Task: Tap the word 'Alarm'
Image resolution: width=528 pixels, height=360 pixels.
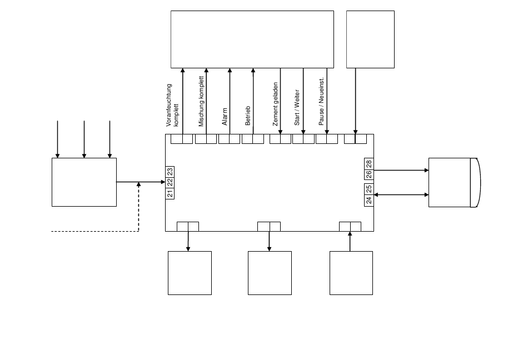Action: (225, 116)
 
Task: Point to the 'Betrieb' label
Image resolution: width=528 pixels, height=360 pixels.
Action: (248, 115)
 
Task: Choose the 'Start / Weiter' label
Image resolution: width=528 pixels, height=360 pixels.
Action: (297, 107)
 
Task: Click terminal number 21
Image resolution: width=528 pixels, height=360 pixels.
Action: (170, 193)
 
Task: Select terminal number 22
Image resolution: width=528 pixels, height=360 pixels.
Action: (170, 182)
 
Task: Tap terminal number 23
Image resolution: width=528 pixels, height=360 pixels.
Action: (170, 172)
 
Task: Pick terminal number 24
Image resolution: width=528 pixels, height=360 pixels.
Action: (368, 200)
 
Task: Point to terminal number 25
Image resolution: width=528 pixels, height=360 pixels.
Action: (368, 189)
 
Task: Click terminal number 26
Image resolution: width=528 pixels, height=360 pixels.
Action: (368, 174)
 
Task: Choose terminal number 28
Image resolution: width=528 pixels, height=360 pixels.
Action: (368, 164)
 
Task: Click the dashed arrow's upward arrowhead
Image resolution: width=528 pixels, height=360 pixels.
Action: (138, 184)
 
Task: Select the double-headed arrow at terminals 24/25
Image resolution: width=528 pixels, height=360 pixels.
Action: (401, 194)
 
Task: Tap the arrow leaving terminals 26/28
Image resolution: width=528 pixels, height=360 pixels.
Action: (401, 171)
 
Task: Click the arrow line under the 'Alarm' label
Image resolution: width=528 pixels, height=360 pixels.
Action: (230, 101)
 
